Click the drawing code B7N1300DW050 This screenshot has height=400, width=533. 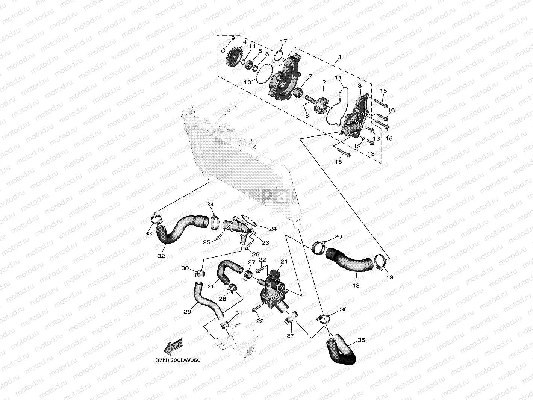(x=178, y=360)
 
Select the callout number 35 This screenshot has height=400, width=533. (x=361, y=340)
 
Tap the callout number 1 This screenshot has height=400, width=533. (x=339, y=57)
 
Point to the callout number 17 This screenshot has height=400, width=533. (x=283, y=41)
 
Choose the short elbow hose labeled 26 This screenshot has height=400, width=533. (x=227, y=273)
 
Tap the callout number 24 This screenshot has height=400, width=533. (x=273, y=229)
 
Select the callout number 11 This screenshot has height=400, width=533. (x=338, y=78)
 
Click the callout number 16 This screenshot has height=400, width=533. (x=391, y=110)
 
